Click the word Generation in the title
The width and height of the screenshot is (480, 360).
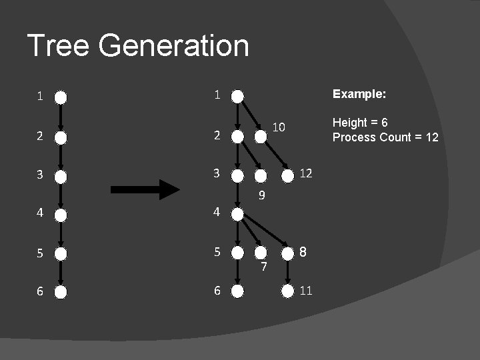coord(173,46)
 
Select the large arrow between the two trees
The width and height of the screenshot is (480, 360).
coord(145,190)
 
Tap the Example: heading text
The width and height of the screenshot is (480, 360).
coord(359,94)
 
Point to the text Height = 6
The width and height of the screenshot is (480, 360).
coord(360,123)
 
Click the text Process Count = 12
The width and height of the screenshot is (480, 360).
coord(385,137)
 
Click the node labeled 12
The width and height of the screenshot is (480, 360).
coord(287,176)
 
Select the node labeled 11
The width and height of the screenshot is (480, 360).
coord(287,291)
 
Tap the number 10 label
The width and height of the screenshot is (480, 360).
coord(279,127)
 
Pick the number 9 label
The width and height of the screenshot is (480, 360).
coord(263,195)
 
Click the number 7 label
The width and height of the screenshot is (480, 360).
coord(264,267)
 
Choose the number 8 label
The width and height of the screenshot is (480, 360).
coord(303,252)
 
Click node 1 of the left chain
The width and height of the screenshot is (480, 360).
coord(61,97)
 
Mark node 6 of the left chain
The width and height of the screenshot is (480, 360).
coord(61,291)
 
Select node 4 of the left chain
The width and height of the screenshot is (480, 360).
coord(61,215)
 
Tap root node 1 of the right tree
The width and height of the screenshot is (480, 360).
coord(238,96)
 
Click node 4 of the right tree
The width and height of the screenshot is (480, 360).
coord(238,213)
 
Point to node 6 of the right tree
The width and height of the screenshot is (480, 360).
coord(238,291)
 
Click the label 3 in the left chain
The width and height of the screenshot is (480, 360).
coord(40,176)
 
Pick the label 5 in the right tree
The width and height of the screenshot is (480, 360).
coord(216,252)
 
